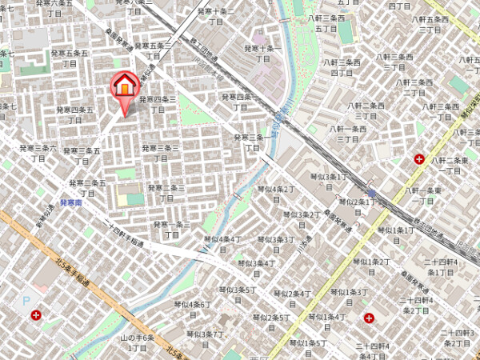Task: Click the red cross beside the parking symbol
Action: click(36, 316)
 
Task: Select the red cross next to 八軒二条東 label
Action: click(419, 159)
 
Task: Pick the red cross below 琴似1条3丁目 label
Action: click(370, 318)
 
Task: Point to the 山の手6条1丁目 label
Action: click(137, 343)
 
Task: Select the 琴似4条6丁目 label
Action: click(193, 309)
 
